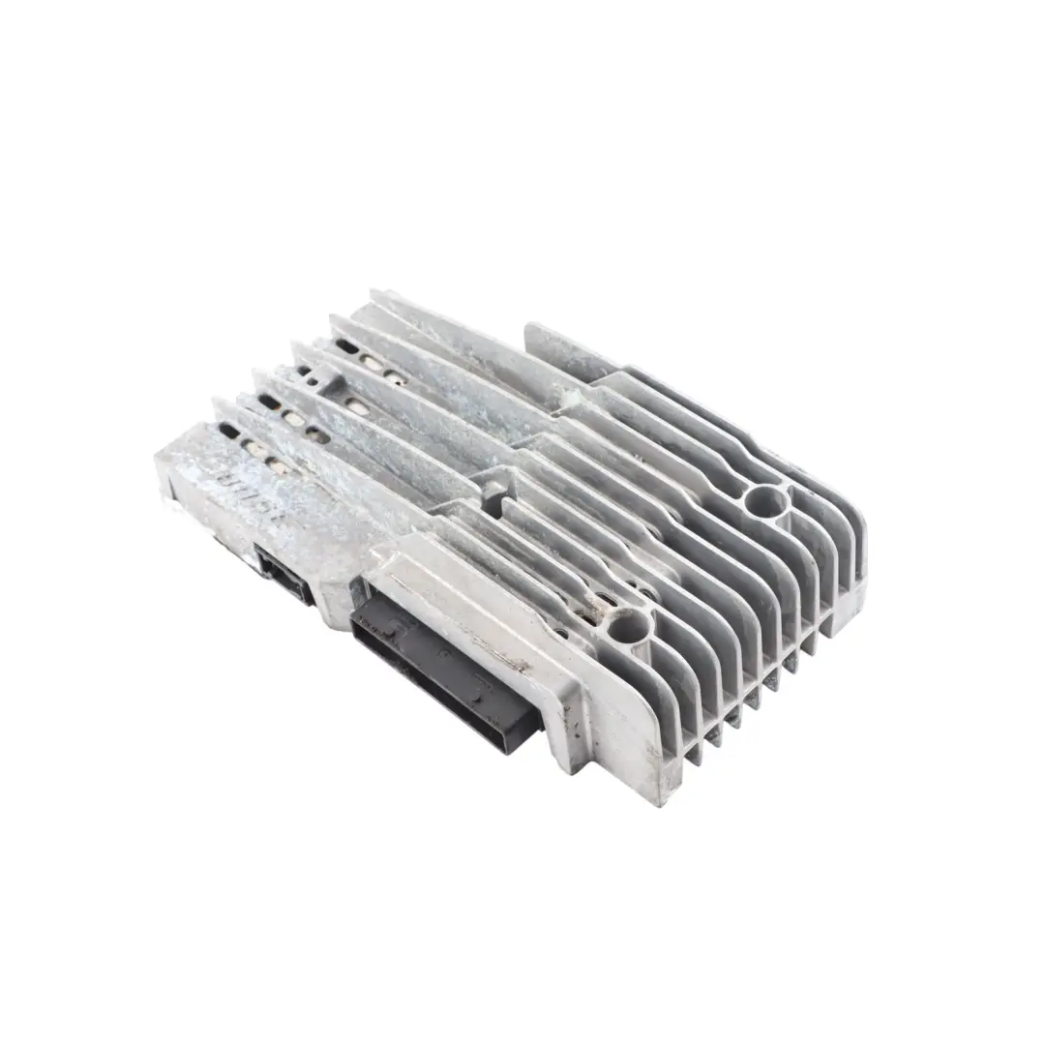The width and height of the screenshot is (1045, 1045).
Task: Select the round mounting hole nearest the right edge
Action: pos(766,500)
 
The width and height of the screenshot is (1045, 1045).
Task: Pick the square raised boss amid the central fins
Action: pos(494,489)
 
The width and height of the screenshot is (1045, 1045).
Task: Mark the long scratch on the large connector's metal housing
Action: pos(503,658)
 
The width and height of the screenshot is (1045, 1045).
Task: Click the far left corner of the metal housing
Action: pos(160,463)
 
